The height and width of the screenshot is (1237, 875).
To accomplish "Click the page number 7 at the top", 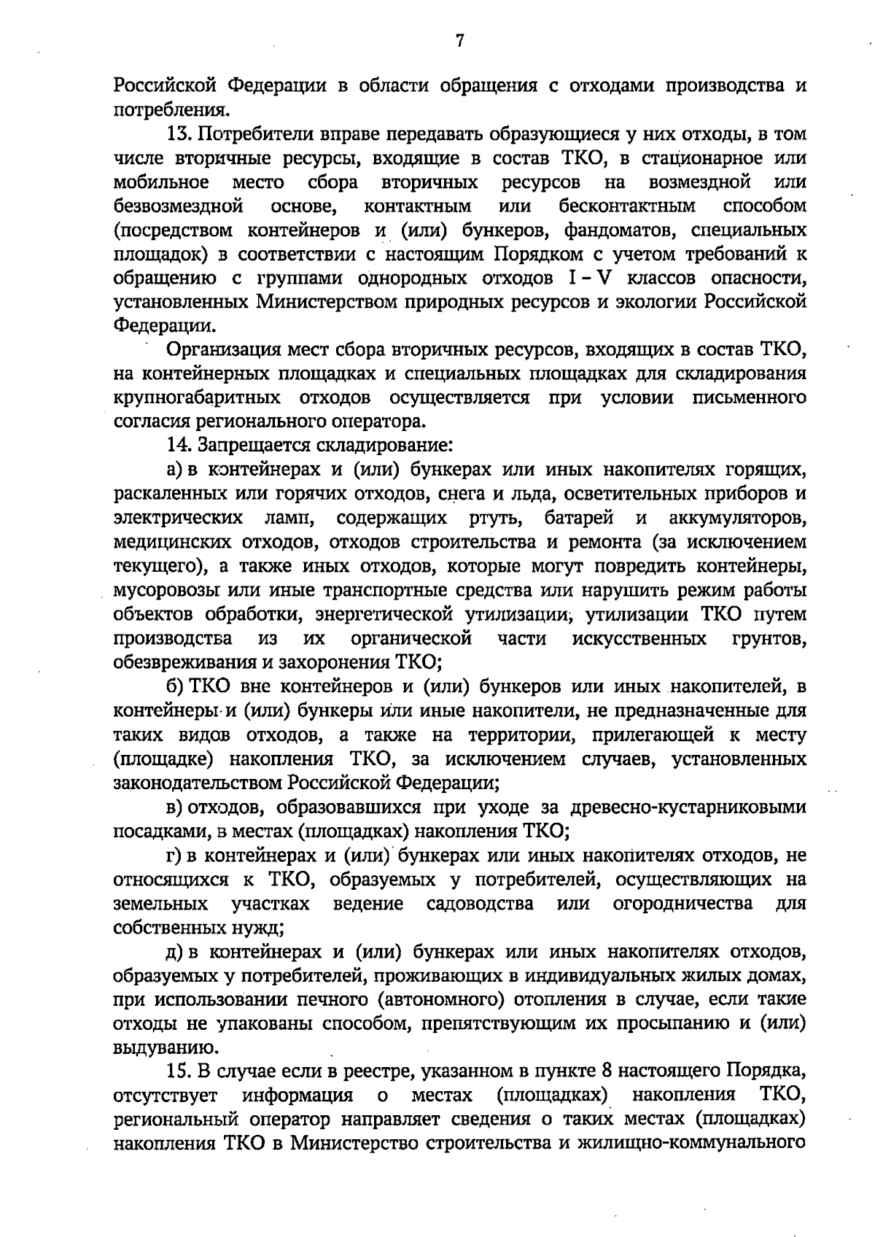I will [459, 42].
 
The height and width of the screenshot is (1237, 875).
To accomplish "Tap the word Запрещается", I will [244, 445].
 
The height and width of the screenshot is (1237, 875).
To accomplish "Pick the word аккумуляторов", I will [737, 519].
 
